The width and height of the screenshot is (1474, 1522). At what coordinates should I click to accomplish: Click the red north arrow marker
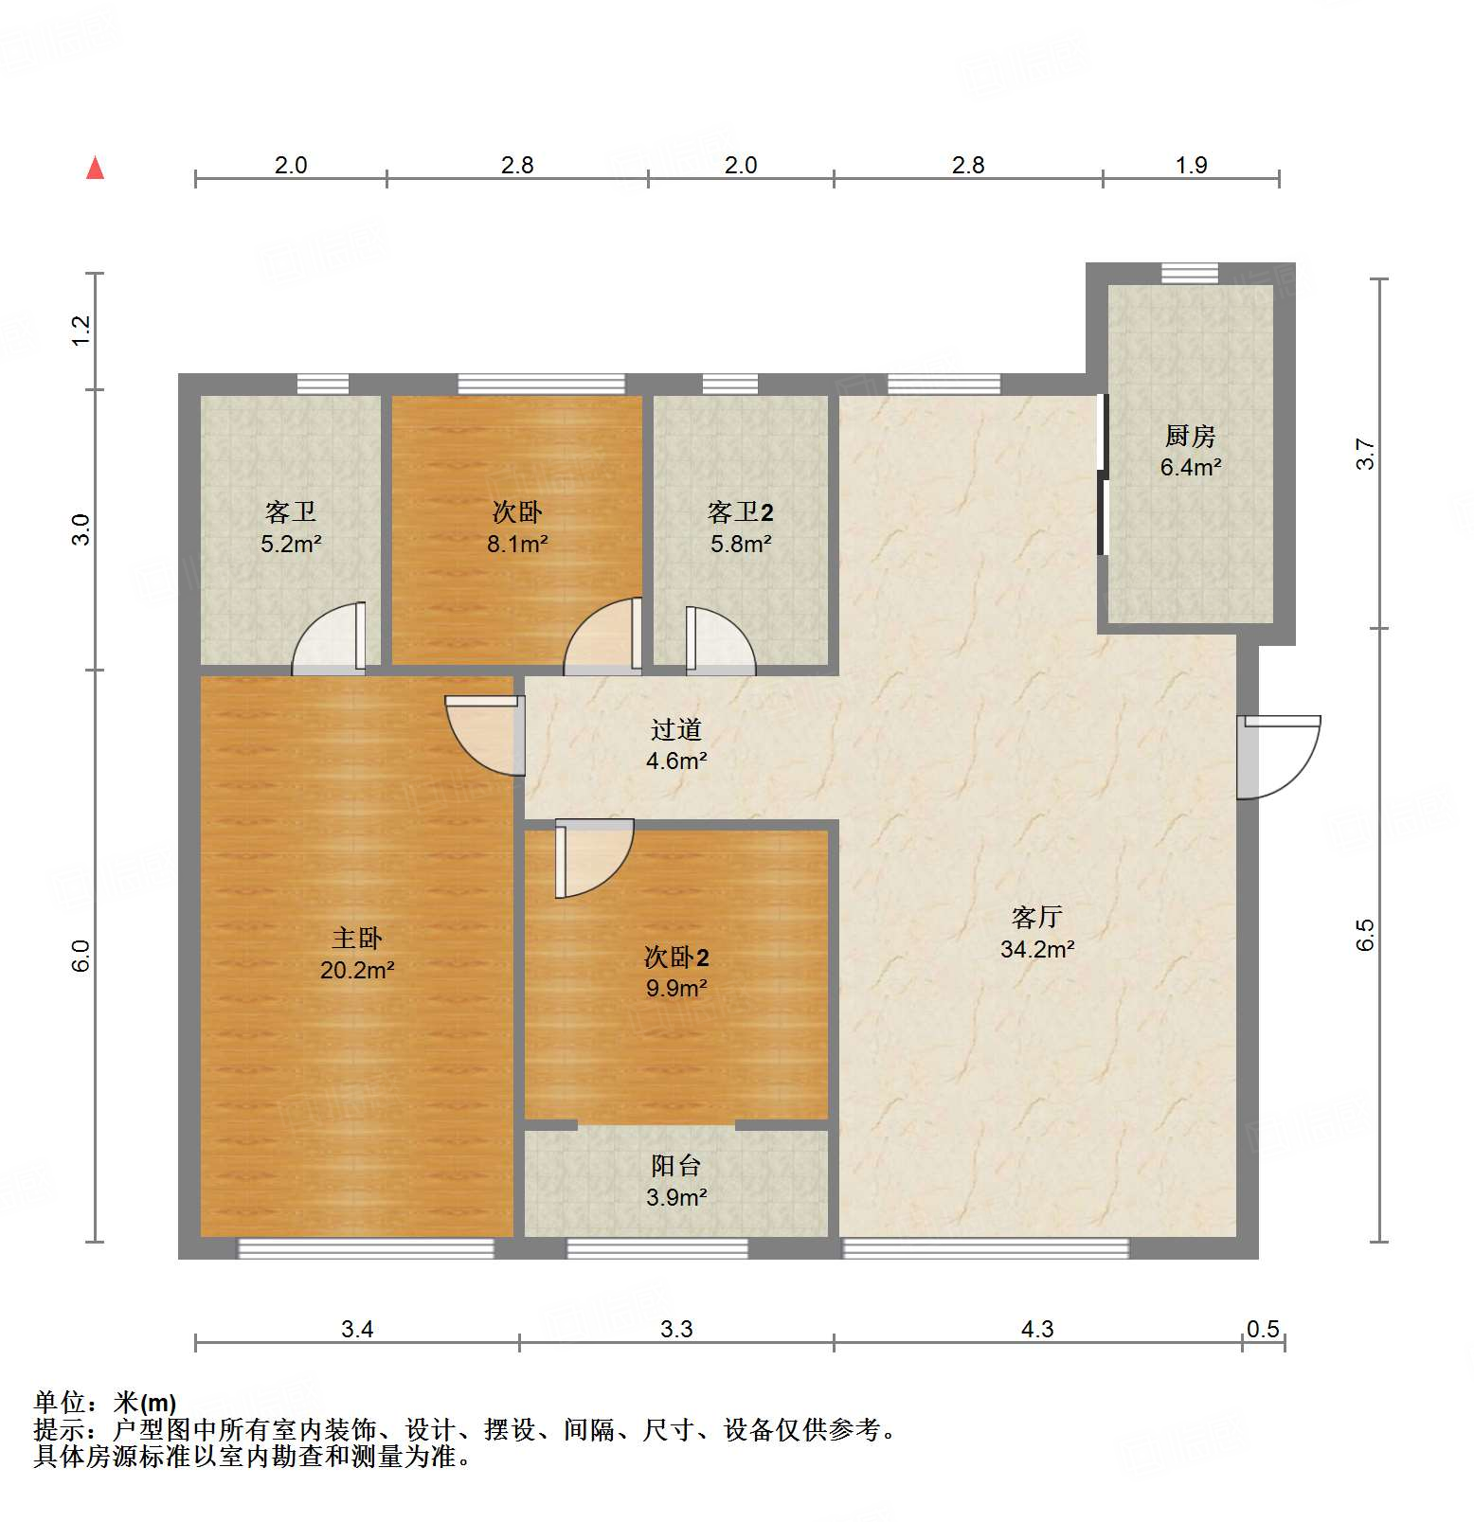(95, 168)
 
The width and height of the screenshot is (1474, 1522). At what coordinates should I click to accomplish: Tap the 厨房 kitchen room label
(1190, 436)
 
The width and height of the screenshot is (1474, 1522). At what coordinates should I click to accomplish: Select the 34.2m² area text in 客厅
(1036, 949)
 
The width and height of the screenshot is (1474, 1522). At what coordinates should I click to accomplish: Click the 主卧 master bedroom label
(356, 938)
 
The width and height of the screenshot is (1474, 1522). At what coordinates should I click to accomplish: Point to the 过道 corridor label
(675, 729)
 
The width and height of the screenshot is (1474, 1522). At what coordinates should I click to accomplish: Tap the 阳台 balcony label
(675, 1166)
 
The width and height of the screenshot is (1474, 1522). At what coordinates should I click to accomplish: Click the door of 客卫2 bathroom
(720, 640)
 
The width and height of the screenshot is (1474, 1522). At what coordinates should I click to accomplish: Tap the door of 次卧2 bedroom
(593, 857)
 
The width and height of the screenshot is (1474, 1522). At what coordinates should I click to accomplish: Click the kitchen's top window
(1190, 273)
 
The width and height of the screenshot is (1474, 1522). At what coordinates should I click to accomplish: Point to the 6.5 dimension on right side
(1364, 935)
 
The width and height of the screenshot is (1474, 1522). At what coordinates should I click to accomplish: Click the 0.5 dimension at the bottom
(1263, 1329)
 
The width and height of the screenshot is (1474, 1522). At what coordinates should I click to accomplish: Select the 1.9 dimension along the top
(1191, 165)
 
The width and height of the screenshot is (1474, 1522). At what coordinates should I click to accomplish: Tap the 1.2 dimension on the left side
(81, 330)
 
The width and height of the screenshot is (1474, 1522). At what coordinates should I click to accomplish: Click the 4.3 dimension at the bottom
(1036, 1329)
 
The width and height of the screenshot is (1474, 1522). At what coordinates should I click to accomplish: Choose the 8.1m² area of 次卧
(517, 544)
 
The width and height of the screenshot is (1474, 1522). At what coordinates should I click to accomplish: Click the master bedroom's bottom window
(366, 1249)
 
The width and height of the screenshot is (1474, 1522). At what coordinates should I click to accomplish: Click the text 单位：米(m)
(105, 1402)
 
